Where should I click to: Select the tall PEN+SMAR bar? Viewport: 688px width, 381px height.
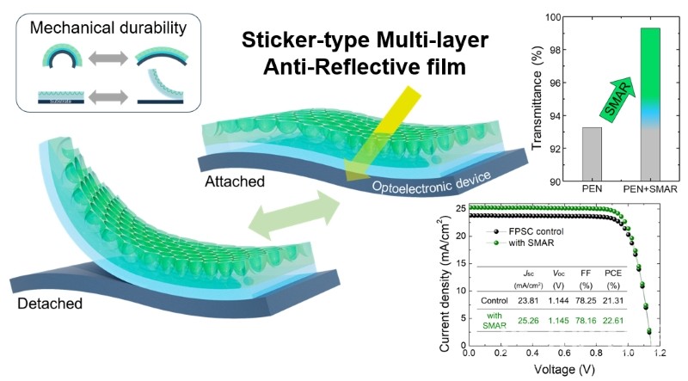pyautogui.click(x=649, y=103)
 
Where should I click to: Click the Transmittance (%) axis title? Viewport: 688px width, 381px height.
pyautogui.click(x=540, y=99)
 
